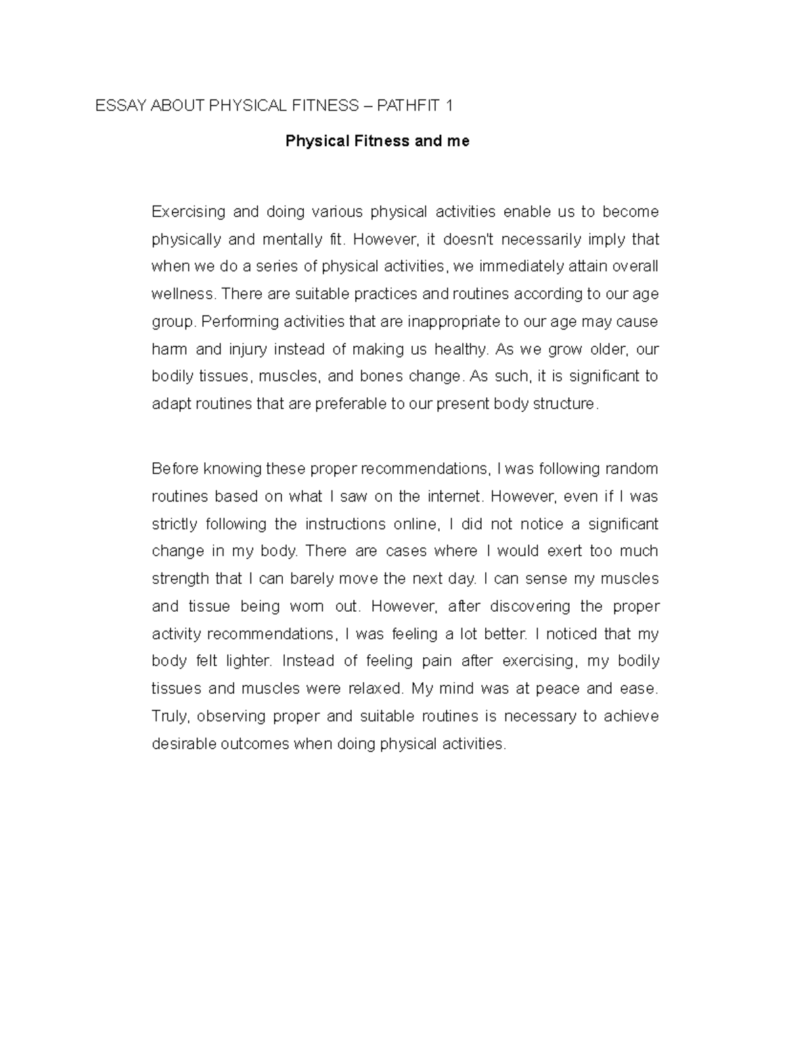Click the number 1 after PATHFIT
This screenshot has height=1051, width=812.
[447, 106]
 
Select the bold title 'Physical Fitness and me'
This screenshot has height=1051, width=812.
[377, 141]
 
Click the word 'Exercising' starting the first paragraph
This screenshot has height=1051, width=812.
[188, 212]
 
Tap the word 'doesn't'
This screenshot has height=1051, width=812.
[468, 240]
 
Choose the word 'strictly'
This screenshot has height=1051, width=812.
[175, 524]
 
